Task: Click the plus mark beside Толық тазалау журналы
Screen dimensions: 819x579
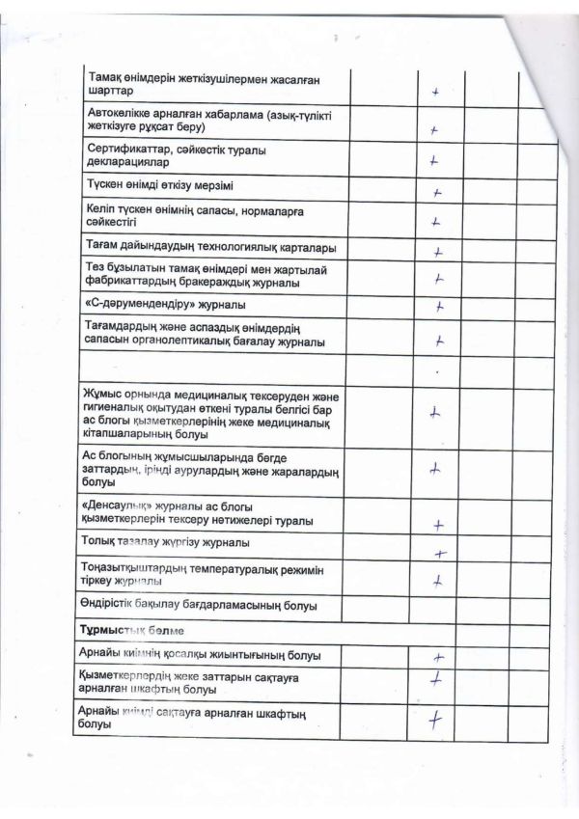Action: [x=439, y=554]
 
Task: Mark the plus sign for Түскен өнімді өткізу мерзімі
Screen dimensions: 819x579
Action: [x=437, y=192]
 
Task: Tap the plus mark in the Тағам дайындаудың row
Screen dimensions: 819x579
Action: [x=437, y=252]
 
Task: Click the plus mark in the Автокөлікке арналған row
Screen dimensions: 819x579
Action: [x=435, y=130]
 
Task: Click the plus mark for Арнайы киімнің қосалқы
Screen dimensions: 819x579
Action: [x=438, y=657]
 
